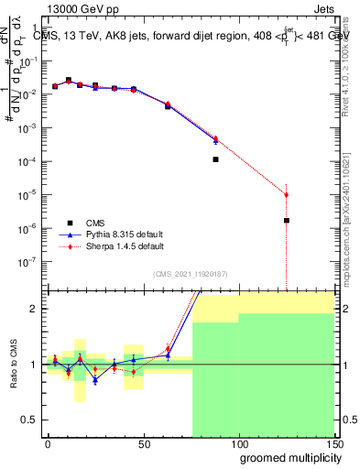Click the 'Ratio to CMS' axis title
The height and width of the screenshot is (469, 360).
click(12, 364)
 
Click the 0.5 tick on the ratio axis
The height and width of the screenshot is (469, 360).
click(32, 420)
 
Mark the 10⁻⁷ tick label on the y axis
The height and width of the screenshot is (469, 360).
click(26, 261)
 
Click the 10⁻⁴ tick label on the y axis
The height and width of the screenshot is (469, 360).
click(26, 161)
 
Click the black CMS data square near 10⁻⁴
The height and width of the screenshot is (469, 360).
click(215, 159)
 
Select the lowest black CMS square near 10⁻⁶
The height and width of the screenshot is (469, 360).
click(287, 220)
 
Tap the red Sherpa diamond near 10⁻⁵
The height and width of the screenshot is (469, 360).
click(287, 194)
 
